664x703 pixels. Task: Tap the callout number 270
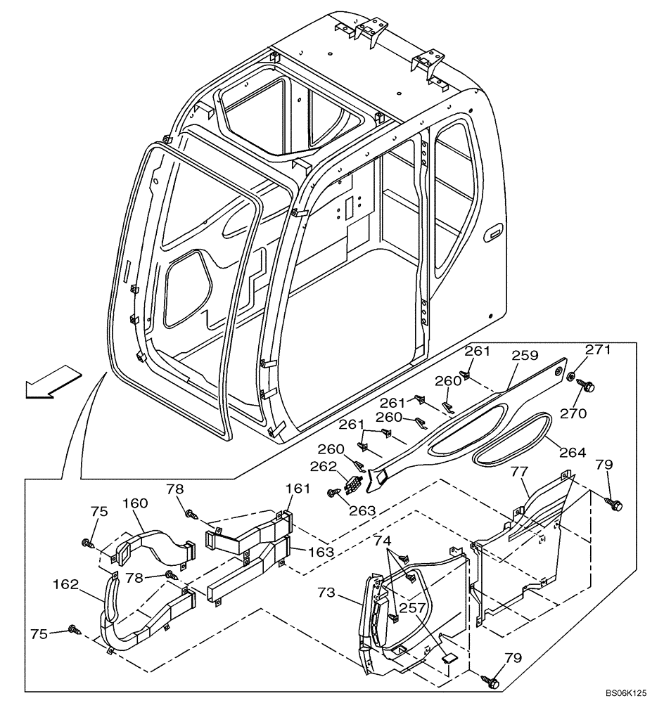[573, 414]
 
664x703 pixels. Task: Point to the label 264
[572, 453]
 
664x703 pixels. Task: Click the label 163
[320, 552]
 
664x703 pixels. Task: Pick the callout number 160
[135, 503]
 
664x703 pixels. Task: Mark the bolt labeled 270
[588, 386]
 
